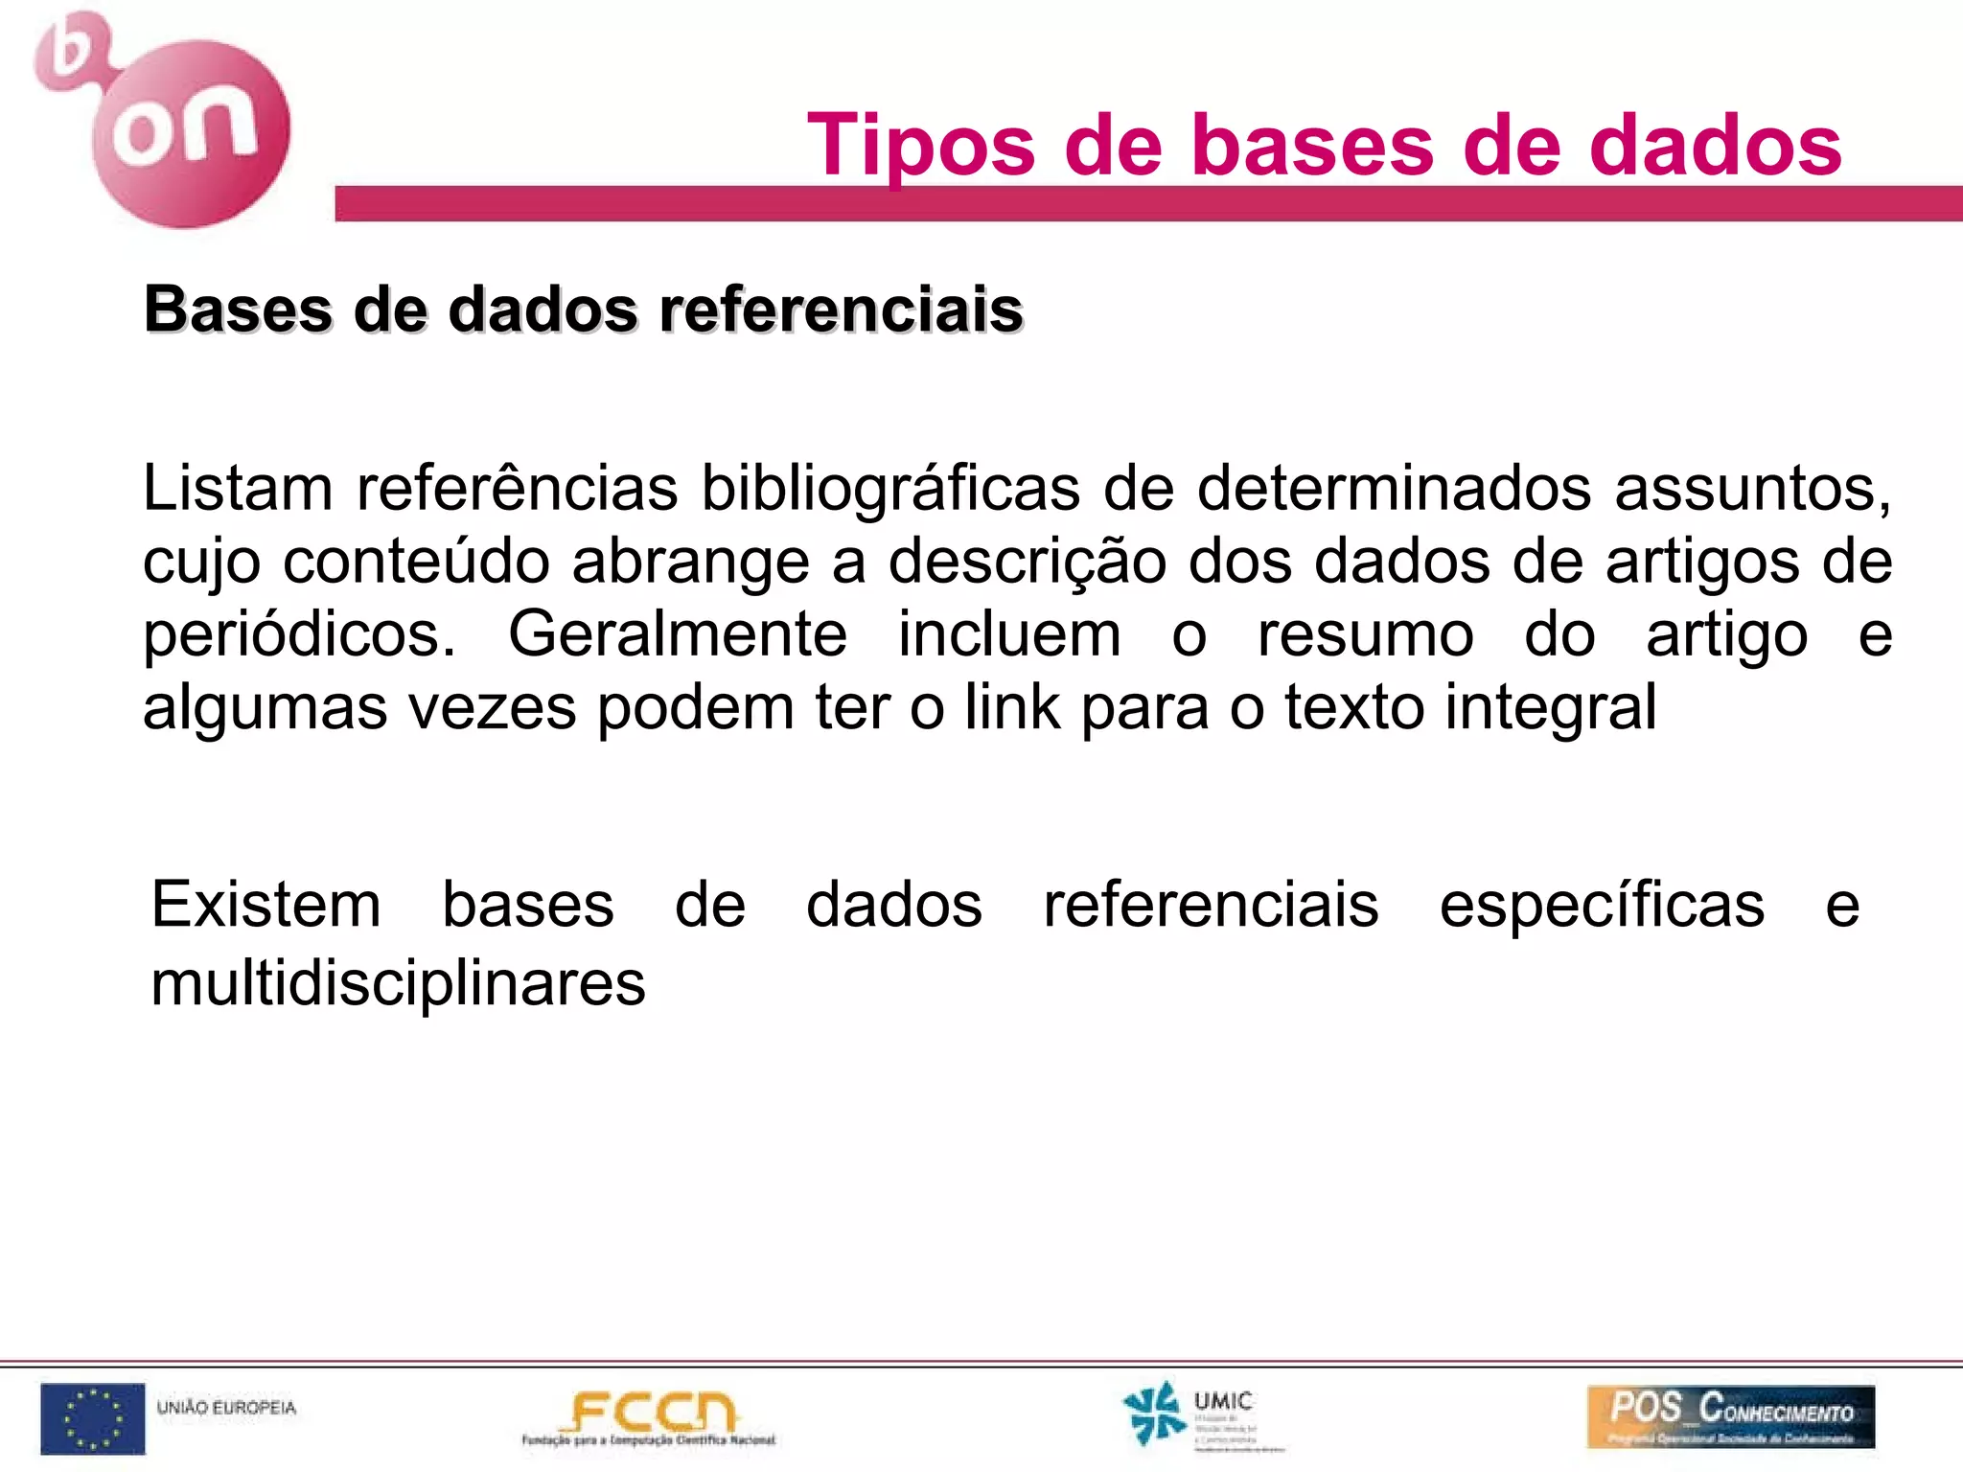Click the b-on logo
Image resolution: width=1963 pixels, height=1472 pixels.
163,120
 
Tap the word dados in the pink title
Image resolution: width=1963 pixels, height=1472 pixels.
1715,146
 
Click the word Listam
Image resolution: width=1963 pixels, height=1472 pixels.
238,488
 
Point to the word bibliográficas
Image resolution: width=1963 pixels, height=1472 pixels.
890,488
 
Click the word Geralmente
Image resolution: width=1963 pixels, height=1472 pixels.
677,634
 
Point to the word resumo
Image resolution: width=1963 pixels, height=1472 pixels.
1365,634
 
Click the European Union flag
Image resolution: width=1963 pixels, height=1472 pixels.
93,1418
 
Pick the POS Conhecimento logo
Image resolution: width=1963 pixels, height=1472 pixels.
1730,1415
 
